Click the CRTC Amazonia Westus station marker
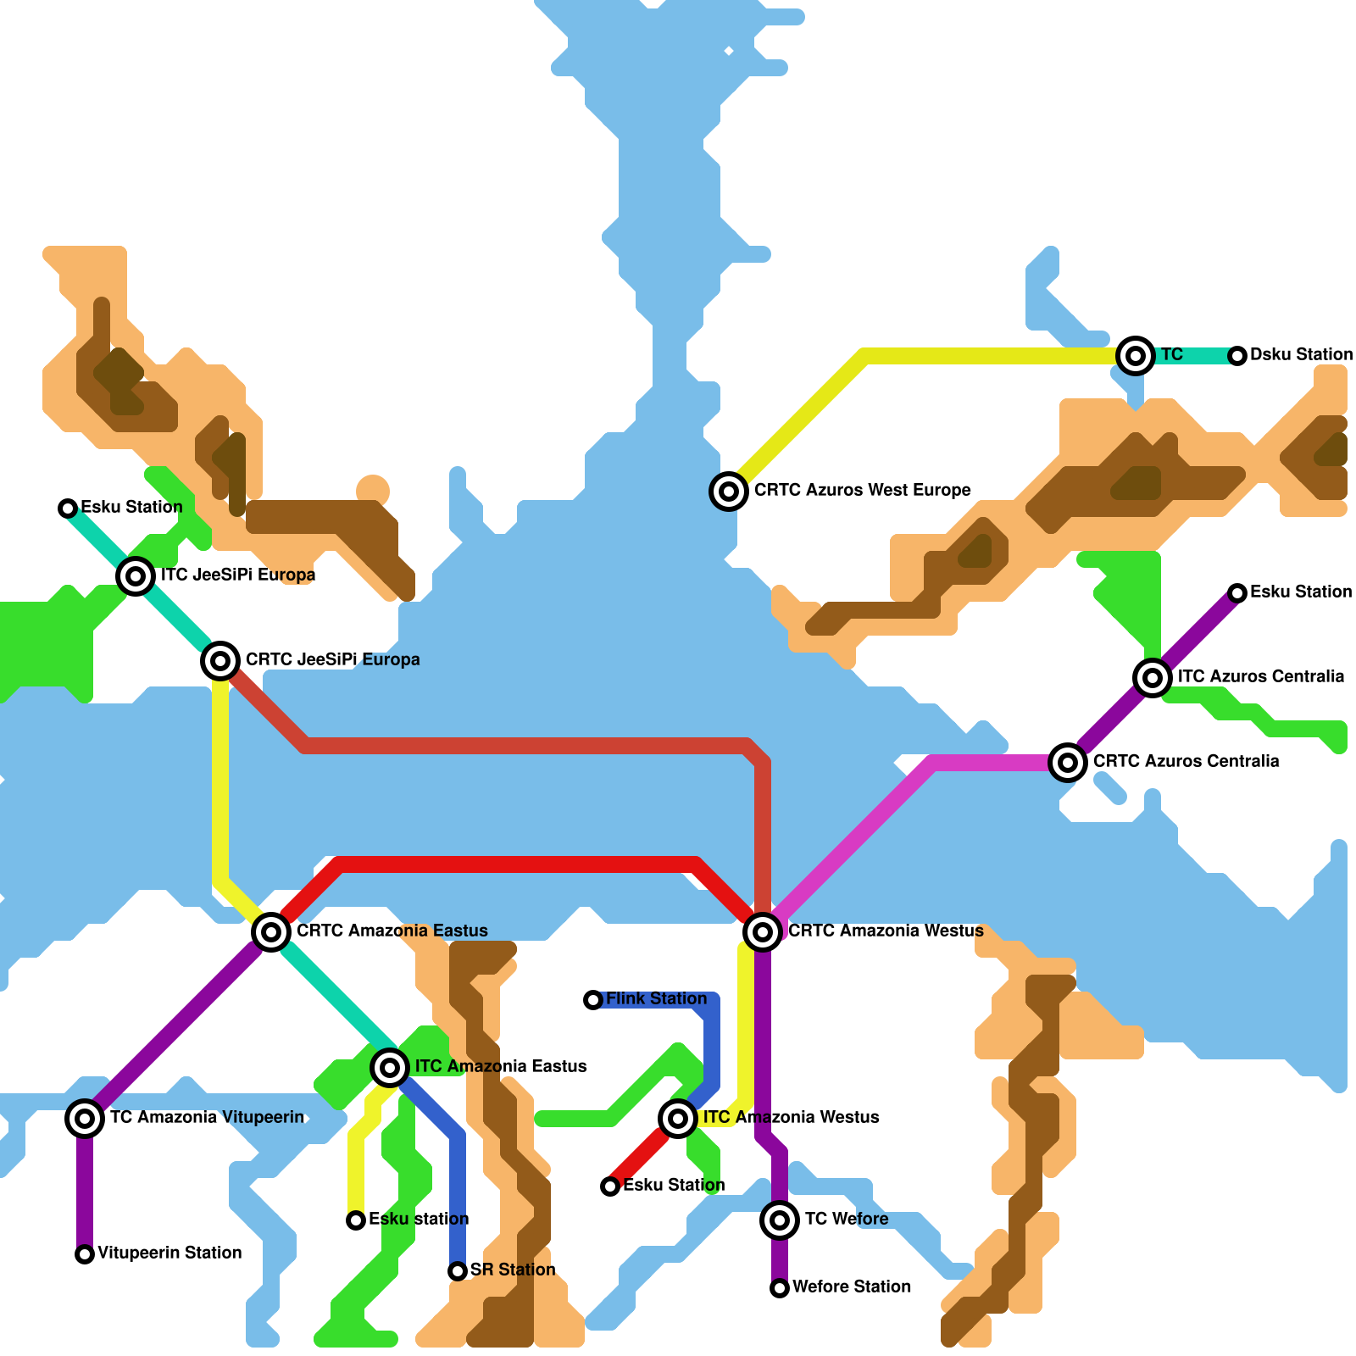763,932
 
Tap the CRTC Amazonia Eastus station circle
271,932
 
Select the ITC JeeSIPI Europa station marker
136,576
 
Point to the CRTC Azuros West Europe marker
729,491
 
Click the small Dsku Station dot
1237,356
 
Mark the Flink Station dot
593,1000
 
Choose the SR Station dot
458,1271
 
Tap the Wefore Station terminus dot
780,1288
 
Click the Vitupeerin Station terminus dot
85,1254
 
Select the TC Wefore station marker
780,1220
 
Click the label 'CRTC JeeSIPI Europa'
332,659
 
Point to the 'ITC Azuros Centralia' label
1260,676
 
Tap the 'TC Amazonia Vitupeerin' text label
207,1117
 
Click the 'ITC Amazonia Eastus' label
501,1066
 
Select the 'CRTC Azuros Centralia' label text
1186,761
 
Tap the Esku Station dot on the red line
610,1186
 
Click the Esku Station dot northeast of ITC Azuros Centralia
1237,593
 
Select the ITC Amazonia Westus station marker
678,1119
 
